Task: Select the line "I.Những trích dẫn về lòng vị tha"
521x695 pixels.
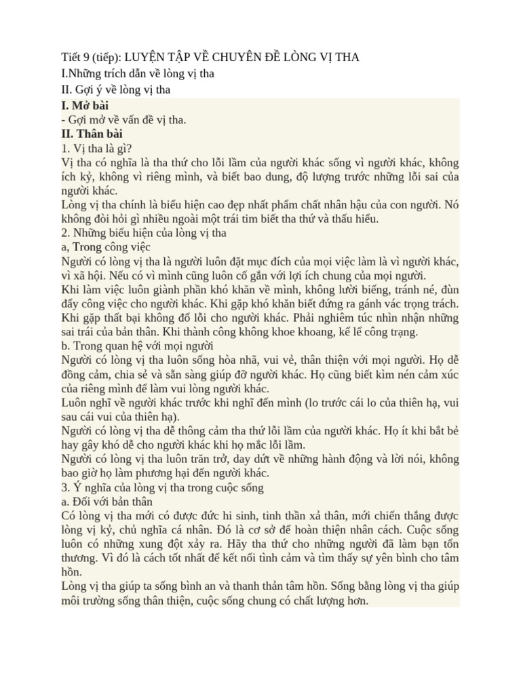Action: pyautogui.click(x=137, y=73)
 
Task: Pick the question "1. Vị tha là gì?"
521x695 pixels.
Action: pyautogui.click(x=96, y=149)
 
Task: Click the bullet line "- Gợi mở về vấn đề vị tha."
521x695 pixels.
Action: pyautogui.click(x=123, y=119)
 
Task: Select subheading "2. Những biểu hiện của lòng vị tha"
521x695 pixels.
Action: pyautogui.click(x=143, y=233)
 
